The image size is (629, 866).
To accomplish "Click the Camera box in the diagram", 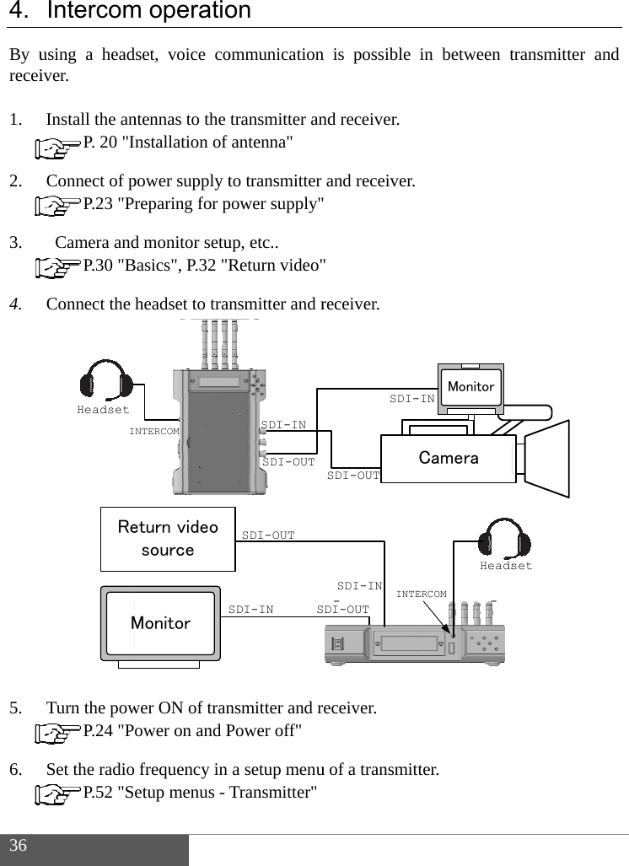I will click(449, 458).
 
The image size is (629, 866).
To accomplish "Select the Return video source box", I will click(168, 539).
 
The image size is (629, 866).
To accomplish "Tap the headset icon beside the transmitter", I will click(105, 381).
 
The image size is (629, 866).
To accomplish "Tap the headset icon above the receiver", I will click(504, 538).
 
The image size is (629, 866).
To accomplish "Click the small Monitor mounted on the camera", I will click(471, 387).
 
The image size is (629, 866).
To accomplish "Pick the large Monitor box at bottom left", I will click(160, 623).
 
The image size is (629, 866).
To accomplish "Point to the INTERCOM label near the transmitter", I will click(154, 431).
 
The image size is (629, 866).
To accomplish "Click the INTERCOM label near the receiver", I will click(422, 594).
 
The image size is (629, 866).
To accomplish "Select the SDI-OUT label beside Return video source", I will click(268, 535).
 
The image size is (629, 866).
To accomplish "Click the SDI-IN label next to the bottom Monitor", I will click(251, 610).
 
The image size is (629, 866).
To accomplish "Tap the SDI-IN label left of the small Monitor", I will click(411, 399).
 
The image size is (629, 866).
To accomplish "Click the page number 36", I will click(19, 846).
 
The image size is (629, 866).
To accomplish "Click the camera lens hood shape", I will click(546, 458).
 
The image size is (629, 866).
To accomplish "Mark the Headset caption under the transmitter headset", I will click(103, 411).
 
